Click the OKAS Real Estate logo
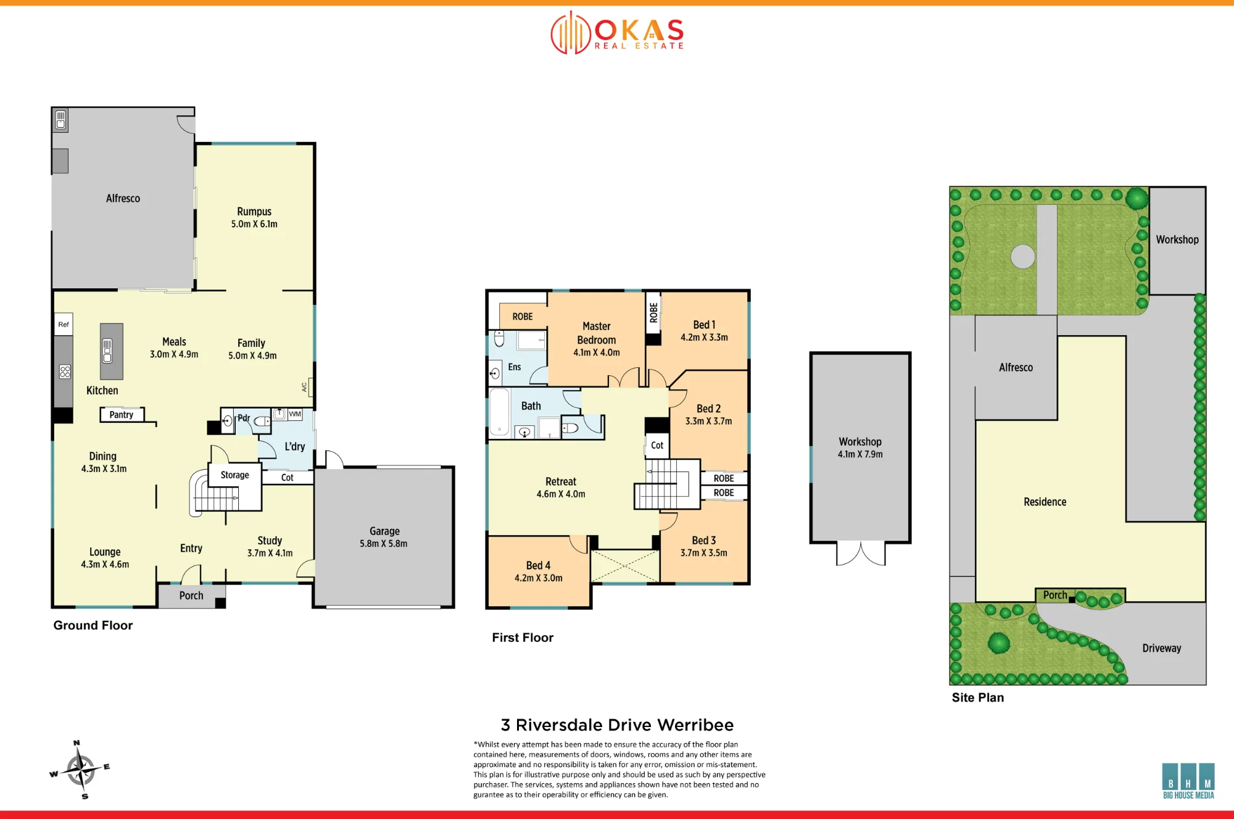(618, 33)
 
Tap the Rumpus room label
(254, 211)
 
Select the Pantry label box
(122, 415)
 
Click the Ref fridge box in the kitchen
(64, 325)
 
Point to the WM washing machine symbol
(295, 414)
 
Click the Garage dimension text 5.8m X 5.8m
(384, 544)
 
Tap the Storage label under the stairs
(235, 475)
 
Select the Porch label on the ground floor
(191, 596)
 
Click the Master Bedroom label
(597, 333)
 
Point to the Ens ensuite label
(515, 367)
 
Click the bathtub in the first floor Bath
(500, 412)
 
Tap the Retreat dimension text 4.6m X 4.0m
(561, 494)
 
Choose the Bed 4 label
(538, 565)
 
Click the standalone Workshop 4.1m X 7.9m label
(860, 447)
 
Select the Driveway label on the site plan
(1162, 648)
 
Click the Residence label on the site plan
(1045, 502)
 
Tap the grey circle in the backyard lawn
(1023, 256)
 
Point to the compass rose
(80, 770)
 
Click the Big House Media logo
(1188, 781)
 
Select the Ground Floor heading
(93, 625)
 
